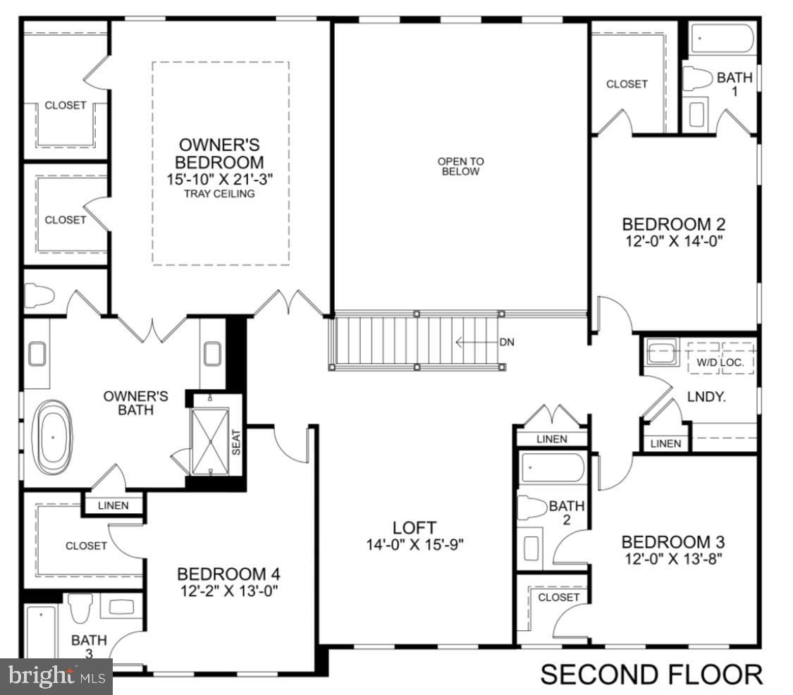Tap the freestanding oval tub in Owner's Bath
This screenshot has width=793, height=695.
[54, 437]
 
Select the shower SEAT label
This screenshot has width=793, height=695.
[236, 442]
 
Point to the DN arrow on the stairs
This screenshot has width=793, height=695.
[479, 343]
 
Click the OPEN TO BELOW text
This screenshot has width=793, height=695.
[460, 166]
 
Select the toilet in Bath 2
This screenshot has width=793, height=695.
[532, 506]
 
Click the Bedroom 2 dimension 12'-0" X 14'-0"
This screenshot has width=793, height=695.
[673, 240]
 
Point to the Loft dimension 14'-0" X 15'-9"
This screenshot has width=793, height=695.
[414, 544]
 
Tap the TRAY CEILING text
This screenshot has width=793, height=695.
[219, 194]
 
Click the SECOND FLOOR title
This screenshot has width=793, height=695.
[651, 674]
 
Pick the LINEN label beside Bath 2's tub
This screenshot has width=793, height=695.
[551, 439]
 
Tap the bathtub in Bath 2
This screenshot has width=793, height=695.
[552, 467]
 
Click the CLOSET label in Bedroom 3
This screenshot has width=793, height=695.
[558, 597]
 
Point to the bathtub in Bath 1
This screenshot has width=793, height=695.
[722, 38]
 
